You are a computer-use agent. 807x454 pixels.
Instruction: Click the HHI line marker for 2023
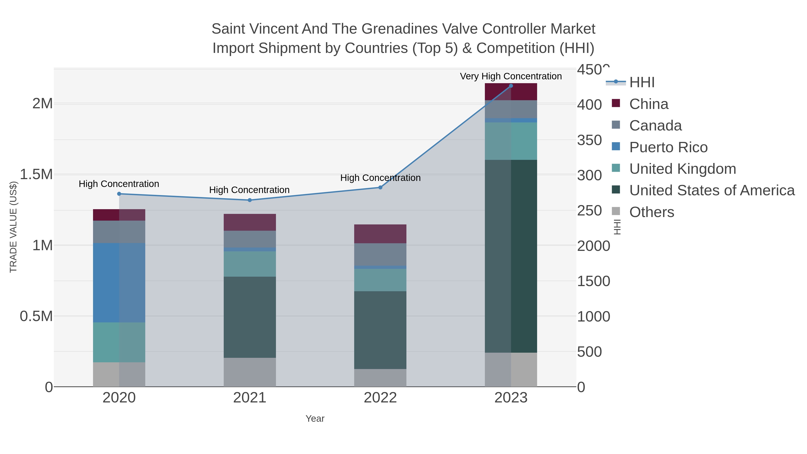click(x=511, y=86)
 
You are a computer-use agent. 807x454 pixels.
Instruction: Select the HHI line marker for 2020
click(x=119, y=194)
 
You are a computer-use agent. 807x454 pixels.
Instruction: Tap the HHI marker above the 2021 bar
click(x=250, y=200)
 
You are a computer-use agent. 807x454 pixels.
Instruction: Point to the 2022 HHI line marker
click(x=380, y=188)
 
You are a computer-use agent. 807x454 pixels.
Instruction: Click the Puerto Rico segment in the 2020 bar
click(x=119, y=283)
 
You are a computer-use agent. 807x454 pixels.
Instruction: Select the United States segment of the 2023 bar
click(x=511, y=256)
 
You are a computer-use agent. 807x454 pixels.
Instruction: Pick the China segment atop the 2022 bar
click(x=380, y=234)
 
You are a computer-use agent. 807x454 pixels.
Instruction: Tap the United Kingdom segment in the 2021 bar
click(x=250, y=264)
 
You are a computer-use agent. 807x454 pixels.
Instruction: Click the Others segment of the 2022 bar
click(x=380, y=378)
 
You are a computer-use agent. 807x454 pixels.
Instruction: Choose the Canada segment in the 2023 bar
click(x=511, y=109)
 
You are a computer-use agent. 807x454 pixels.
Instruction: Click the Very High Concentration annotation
click(x=511, y=76)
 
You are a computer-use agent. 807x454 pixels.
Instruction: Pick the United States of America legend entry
click(x=712, y=191)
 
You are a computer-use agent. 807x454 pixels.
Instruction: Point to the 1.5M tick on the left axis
click(x=36, y=174)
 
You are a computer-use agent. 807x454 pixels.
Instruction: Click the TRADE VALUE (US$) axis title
click(x=13, y=227)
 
